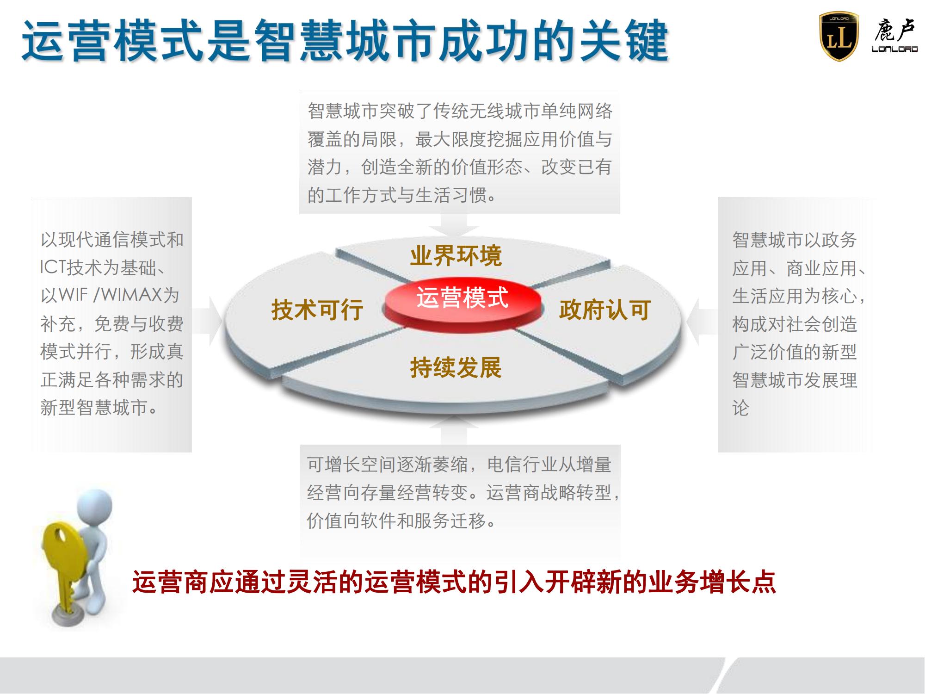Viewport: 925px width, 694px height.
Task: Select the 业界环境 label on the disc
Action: pyautogui.click(x=456, y=256)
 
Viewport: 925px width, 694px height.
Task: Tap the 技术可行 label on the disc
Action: pyautogui.click(x=317, y=310)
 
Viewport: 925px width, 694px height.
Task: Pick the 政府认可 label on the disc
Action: pyautogui.click(x=605, y=310)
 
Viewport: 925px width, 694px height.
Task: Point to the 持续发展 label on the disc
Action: pyautogui.click(x=456, y=368)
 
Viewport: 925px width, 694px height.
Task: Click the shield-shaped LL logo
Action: pyautogui.click(x=839, y=37)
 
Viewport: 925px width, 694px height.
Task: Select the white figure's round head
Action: pyautogui.click(x=95, y=506)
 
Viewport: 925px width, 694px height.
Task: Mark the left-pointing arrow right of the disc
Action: pyautogui.click(x=702, y=321)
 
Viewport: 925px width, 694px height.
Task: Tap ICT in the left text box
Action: pyautogui.click(x=53, y=267)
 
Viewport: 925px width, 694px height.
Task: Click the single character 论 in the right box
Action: pyautogui.click(x=741, y=408)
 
